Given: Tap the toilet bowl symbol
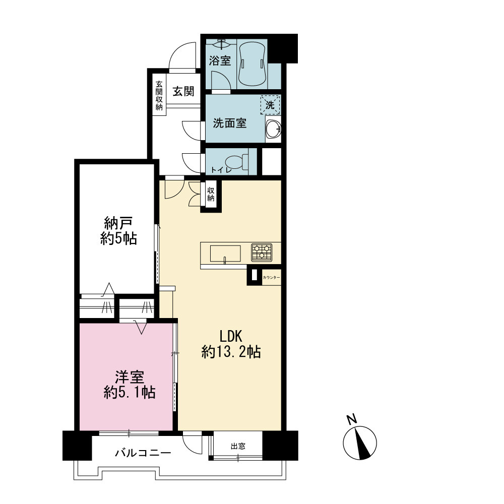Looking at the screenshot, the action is pyautogui.click(x=237, y=162).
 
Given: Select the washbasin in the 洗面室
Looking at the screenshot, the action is pyautogui.click(x=274, y=129).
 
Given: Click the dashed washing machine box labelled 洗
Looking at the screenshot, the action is pyautogui.click(x=270, y=104).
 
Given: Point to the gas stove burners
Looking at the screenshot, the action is pyautogui.click(x=262, y=252).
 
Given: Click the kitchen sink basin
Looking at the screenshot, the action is pyautogui.click(x=225, y=254).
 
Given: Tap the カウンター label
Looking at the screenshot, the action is pyautogui.click(x=271, y=277).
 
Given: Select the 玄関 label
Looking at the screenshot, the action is pyautogui.click(x=183, y=91).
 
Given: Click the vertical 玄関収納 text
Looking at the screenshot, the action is pyautogui.click(x=159, y=95).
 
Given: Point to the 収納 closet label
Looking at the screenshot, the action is pyautogui.click(x=211, y=194).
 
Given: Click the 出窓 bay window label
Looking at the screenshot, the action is pyautogui.click(x=238, y=446).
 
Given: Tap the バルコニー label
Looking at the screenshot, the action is pyautogui.click(x=143, y=453).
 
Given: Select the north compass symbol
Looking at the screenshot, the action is pyautogui.click(x=360, y=443).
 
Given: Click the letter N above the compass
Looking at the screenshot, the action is pyautogui.click(x=352, y=419).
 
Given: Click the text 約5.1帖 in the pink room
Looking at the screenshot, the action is pyautogui.click(x=130, y=392).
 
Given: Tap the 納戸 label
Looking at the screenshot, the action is pyautogui.click(x=118, y=223).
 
